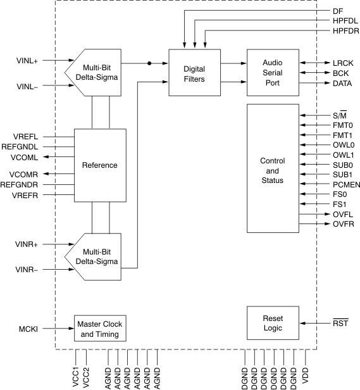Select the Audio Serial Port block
[x=272, y=73]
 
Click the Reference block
[x=100, y=165]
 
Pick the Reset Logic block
[x=272, y=324]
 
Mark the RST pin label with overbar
[x=340, y=324]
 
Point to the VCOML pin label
[x=25, y=156]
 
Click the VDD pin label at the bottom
[x=306, y=378]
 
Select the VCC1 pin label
[x=75, y=378]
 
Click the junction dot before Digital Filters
[x=149, y=63]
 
